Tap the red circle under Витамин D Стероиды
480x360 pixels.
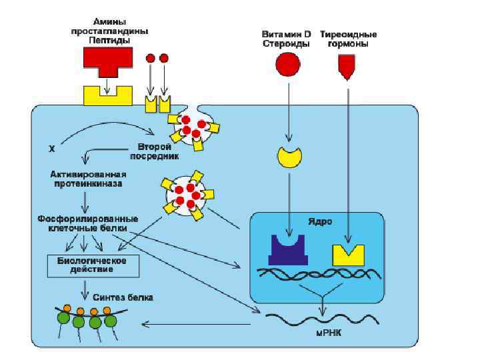click(x=288, y=65)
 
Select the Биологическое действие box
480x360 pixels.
click(x=93, y=265)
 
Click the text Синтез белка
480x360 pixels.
click(x=123, y=297)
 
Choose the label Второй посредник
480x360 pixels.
click(x=159, y=151)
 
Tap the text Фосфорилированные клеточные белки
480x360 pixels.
click(x=88, y=223)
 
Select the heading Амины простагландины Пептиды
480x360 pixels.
click(x=110, y=31)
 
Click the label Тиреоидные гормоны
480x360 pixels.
click(x=349, y=39)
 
